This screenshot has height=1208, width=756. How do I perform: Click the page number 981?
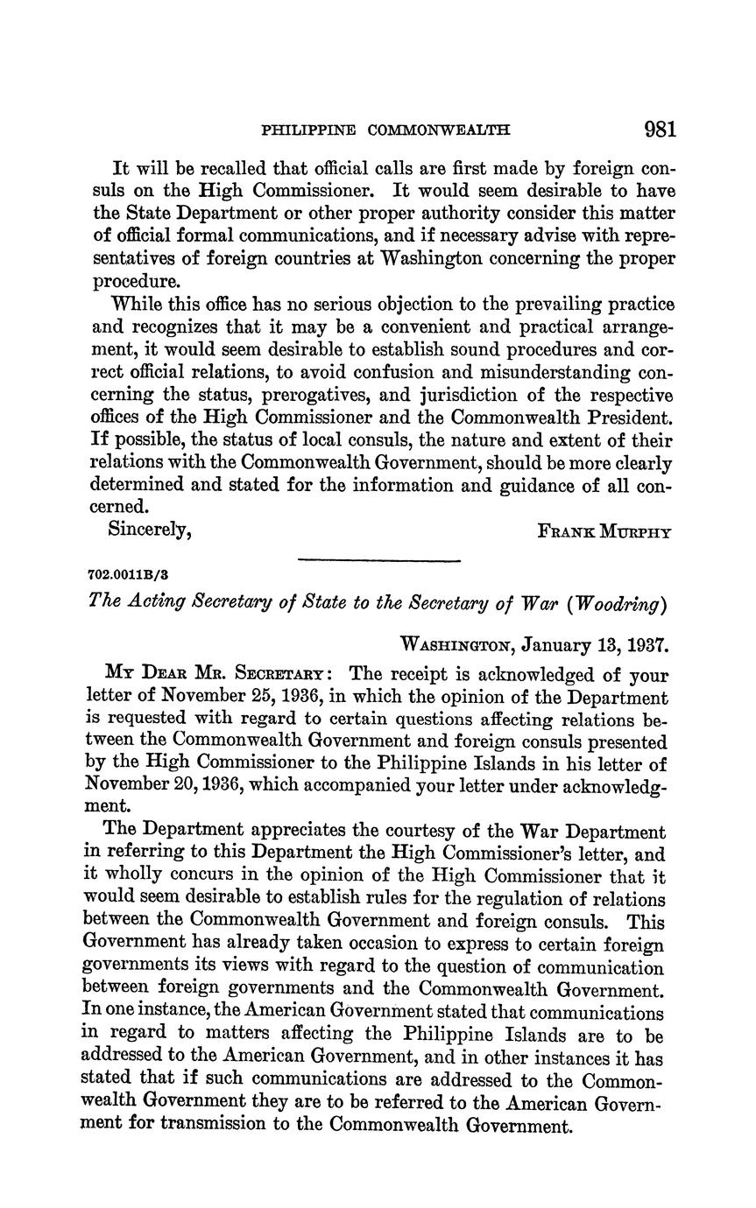tap(660, 130)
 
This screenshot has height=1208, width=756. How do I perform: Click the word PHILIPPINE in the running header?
tap(308, 131)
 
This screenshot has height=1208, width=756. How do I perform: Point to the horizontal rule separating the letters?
tap(378, 560)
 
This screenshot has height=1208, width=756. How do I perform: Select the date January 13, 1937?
tap(596, 645)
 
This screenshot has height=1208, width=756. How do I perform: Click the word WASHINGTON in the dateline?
tap(456, 646)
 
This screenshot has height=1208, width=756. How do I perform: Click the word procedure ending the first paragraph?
tap(136, 282)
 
